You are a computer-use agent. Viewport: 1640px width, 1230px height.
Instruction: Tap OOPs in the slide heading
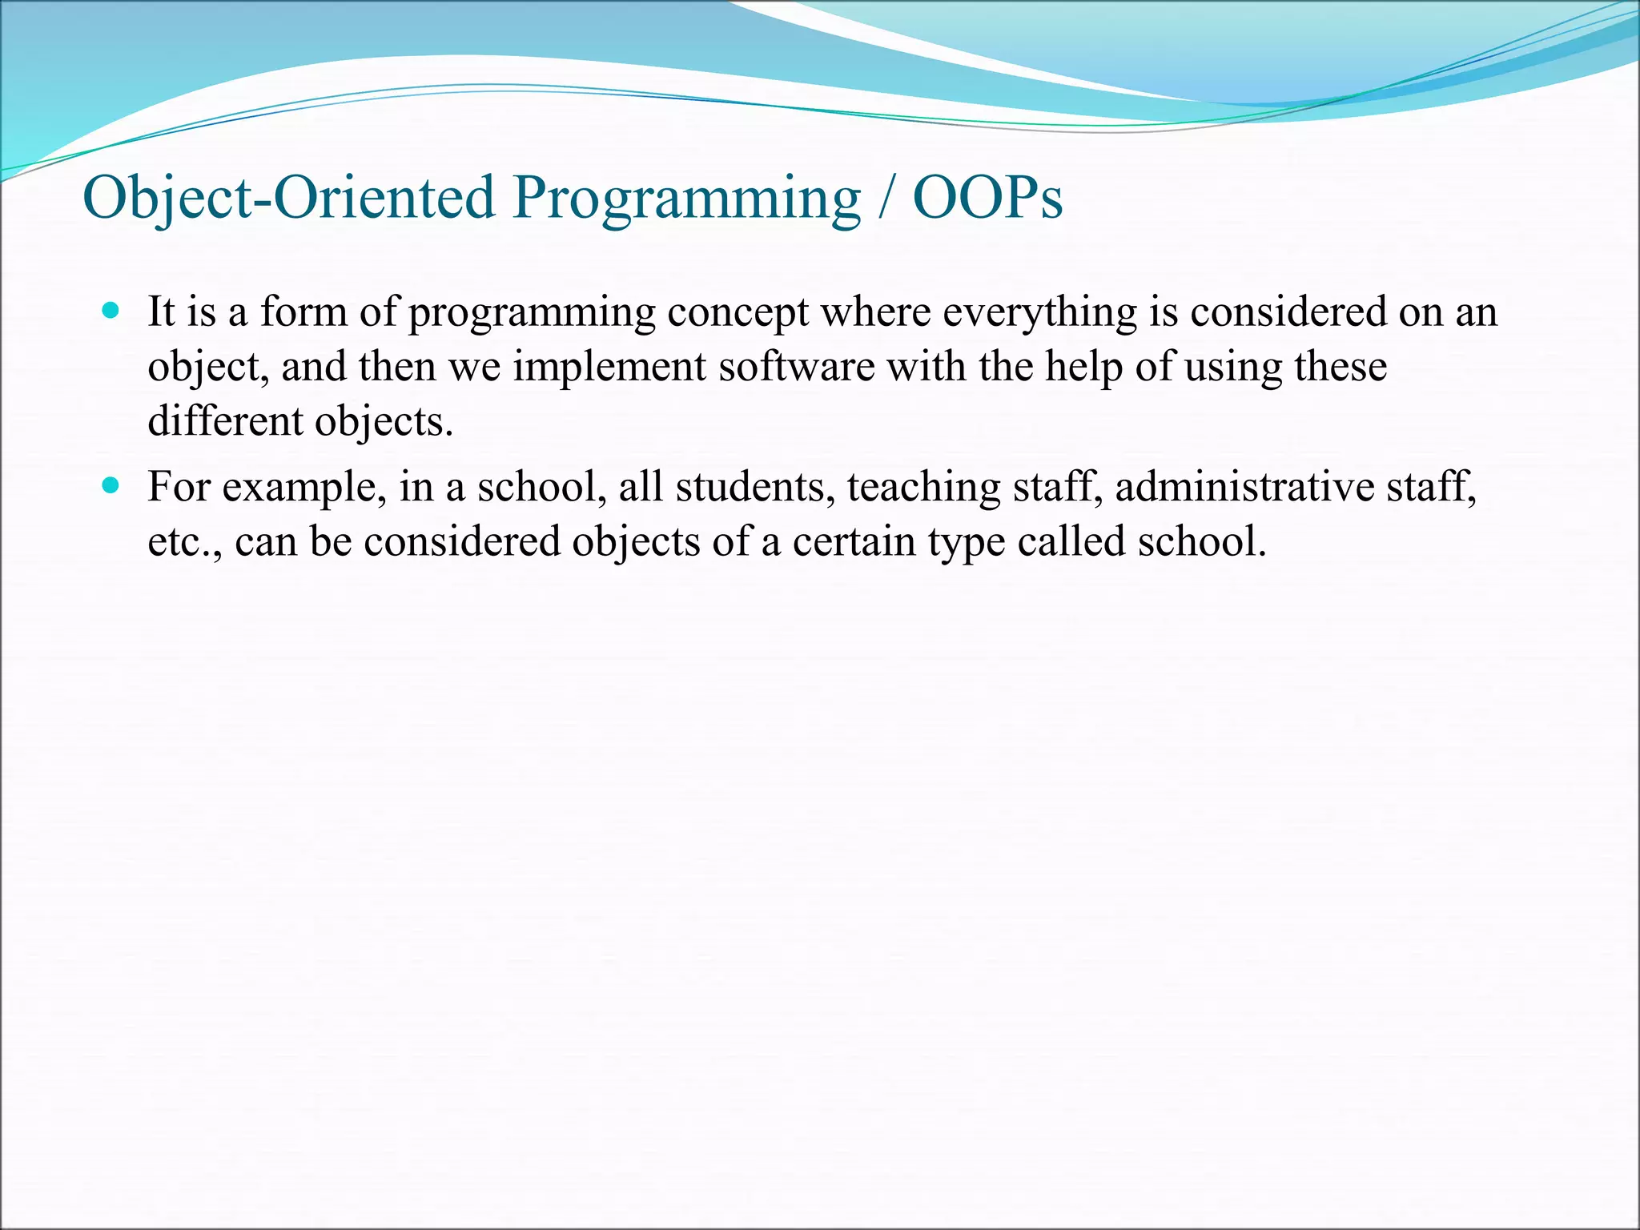click(987, 197)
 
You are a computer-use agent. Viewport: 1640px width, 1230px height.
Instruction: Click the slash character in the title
click(886, 199)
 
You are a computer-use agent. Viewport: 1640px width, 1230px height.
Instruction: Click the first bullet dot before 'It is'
click(111, 311)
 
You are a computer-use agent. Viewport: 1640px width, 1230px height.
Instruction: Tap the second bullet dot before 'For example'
click(111, 485)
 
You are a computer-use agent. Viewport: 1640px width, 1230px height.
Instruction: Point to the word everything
click(1039, 312)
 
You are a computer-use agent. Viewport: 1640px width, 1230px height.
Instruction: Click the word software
click(796, 368)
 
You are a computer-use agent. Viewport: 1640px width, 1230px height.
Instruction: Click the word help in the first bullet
click(1080, 368)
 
